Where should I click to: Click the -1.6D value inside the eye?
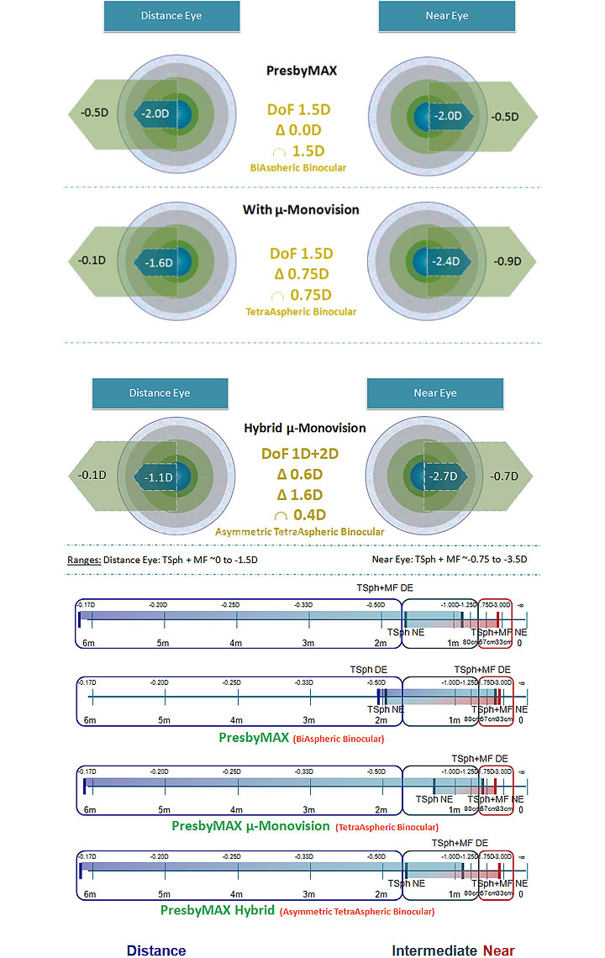point(158,262)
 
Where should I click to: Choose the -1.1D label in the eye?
point(158,477)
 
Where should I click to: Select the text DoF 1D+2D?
point(301,454)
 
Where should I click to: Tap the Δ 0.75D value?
point(301,274)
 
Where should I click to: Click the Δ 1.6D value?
point(301,494)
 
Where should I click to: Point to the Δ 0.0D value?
point(301,130)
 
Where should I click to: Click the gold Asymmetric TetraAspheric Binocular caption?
point(300,531)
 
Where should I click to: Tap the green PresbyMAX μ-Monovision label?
point(250,826)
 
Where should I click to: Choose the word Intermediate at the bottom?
point(434,950)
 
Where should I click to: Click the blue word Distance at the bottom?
point(156,950)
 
